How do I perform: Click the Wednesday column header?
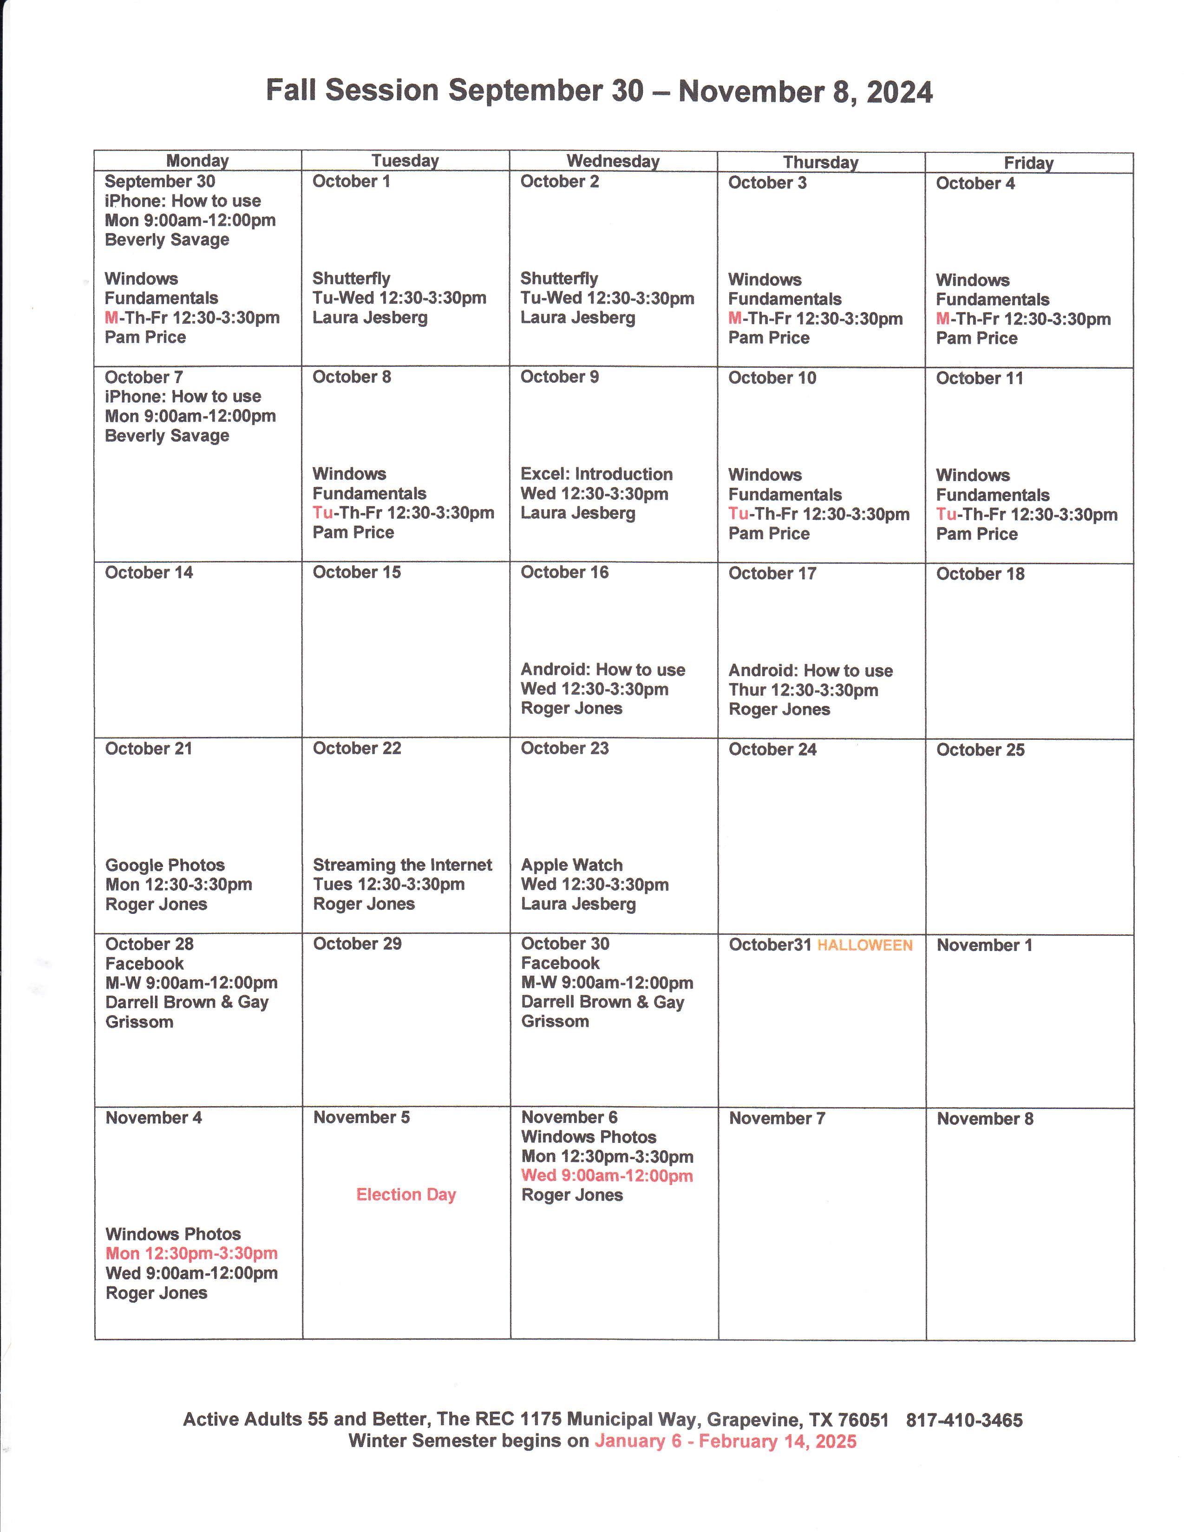[x=613, y=161]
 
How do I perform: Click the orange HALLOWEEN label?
[x=865, y=945]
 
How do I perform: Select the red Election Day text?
[x=406, y=1194]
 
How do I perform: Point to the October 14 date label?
[x=149, y=573]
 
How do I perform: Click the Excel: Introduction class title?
[x=596, y=474]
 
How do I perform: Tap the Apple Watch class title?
[x=571, y=865]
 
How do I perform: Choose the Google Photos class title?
[x=165, y=865]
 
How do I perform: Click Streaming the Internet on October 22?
[x=402, y=865]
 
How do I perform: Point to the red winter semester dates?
[x=726, y=1441]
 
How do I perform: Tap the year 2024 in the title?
[x=899, y=92]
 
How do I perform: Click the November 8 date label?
[x=985, y=1119]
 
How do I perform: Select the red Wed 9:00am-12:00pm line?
[x=606, y=1176]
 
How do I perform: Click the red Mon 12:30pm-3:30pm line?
[x=191, y=1253]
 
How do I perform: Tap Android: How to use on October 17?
[x=810, y=671]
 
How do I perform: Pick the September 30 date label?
[x=160, y=182]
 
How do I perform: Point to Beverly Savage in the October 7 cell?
[x=167, y=436]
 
